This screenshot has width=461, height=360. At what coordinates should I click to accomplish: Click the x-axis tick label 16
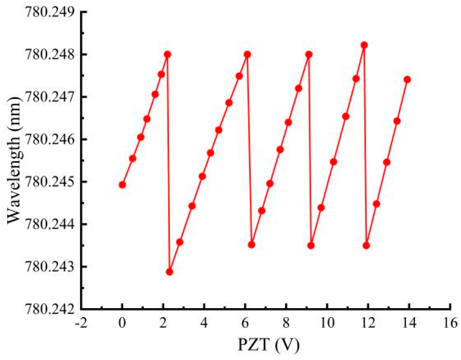[450, 323]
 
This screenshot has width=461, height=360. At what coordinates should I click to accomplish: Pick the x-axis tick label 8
[286, 323]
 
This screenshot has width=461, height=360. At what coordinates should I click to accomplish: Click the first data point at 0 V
[122, 185]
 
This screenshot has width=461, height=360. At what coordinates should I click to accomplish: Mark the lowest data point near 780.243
[169, 272]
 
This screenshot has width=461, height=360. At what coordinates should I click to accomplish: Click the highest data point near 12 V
[364, 45]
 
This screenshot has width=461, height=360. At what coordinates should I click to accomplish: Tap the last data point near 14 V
[407, 79]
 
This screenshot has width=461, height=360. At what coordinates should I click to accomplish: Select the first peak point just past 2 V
[167, 54]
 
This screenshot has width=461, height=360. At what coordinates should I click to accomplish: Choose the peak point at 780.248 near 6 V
[247, 54]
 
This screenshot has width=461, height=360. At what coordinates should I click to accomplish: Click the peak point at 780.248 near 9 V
[309, 54]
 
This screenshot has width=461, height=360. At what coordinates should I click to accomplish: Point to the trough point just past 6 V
[252, 245]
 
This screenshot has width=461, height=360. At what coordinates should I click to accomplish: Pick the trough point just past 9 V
[311, 246]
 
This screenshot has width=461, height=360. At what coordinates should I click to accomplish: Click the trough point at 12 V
[366, 246]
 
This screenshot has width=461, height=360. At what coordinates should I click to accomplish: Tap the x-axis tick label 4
[204, 323]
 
